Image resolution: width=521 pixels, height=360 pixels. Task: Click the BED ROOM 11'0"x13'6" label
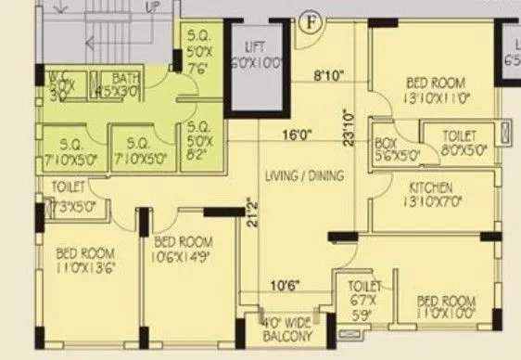click(84, 259)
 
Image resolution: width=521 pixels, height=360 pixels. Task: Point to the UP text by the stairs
click(153, 6)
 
